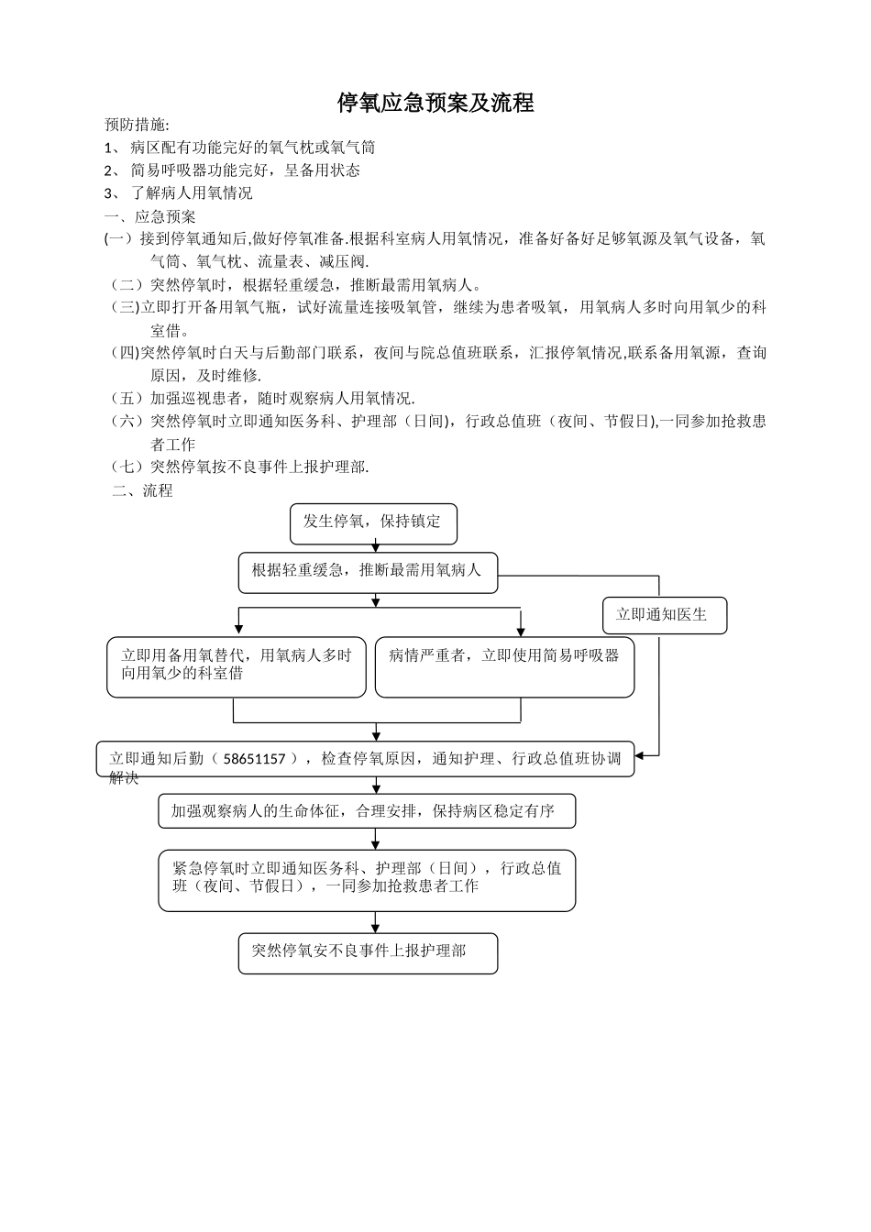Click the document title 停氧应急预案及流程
tap(435, 103)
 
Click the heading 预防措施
tap(137, 125)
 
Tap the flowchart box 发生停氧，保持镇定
tap(373, 522)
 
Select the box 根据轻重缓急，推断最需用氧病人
tap(368, 571)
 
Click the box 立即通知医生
tap(664, 615)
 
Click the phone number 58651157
tap(255, 759)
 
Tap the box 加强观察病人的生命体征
tap(367, 811)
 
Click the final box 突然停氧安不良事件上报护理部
tap(367, 952)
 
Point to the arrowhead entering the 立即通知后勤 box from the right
tap(641, 755)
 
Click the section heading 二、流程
tap(142, 490)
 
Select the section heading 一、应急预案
tap(150, 217)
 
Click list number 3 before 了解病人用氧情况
tap(109, 193)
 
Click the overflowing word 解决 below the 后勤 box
tap(124, 778)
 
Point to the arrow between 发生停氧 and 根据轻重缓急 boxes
tap(376, 547)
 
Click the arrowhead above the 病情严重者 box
tap(521, 631)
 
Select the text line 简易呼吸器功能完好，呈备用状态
tap(245, 170)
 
